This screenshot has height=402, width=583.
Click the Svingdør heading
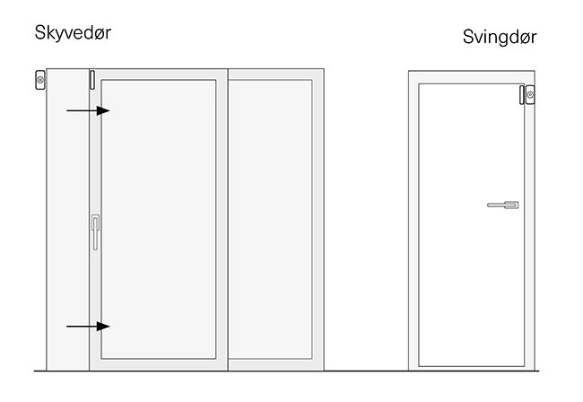point(500,37)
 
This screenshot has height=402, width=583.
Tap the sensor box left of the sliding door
point(40,80)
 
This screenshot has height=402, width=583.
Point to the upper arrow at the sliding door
point(88,110)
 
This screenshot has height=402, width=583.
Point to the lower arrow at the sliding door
point(88,326)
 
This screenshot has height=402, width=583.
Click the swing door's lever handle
point(502,205)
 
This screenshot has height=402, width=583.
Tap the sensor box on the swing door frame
point(530,94)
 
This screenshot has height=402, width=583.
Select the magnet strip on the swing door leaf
point(522,94)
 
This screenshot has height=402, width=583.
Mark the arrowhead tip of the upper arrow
point(109,110)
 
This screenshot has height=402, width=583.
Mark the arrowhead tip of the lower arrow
point(109,326)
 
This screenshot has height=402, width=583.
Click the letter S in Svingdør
point(468,37)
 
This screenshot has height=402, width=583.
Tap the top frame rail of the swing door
point(472,77)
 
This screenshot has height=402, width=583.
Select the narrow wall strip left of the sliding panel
point(66,224)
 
